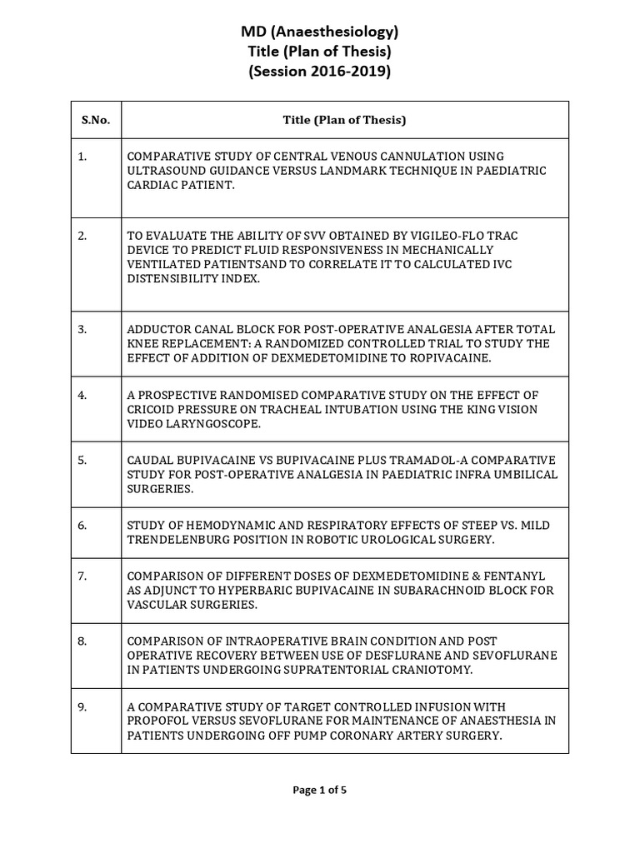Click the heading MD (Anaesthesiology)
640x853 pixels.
(319, 32)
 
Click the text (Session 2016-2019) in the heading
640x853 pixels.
(319, 71)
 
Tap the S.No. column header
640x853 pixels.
(95, 120)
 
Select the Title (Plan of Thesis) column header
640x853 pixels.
(344, 120)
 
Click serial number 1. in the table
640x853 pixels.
(82, 157)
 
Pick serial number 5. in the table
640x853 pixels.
(82, 460)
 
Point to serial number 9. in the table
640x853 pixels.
(82, 706)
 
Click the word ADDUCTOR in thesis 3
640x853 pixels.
(157, 329)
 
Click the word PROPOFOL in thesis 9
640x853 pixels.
(157, 721)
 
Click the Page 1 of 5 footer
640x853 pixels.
(319, 791)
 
